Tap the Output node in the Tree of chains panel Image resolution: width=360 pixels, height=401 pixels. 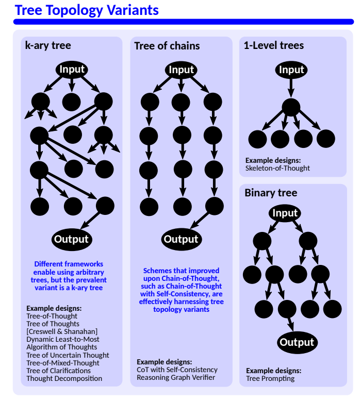[x=181, y=239]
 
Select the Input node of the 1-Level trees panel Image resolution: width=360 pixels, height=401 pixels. [x=291, y=70]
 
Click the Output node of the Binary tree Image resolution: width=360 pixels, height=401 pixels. [x=296, y=342]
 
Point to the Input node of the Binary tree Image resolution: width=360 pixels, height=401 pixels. [x=285, y=213]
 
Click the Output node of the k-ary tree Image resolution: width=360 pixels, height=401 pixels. [x=72, y=239]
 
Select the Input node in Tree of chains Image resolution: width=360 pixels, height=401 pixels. [x=182, y=70]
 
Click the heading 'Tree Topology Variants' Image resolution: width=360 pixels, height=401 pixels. [x=87, y=10]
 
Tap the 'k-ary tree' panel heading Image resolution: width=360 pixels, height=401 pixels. [x=48, y=45]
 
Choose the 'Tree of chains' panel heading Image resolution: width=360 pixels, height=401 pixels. [x=167, y=46]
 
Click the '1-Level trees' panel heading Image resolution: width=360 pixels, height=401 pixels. [x=274, y=45]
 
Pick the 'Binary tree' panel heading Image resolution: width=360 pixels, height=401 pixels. [x=271, y=193]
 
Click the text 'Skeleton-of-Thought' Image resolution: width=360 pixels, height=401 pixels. [x=277, y=168]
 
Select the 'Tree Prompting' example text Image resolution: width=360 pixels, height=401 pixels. [x=270, y=378]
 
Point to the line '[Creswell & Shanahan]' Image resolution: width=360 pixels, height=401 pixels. [x=62, y=331]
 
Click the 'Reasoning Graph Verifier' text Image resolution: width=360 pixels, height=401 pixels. [x=175, y=377]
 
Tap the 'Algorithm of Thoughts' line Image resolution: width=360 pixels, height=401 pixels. [x=62, y=347]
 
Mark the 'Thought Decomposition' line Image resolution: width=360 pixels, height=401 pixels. [x=64, y=378]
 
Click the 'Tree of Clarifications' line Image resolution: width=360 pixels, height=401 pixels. [x=58, y=370]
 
